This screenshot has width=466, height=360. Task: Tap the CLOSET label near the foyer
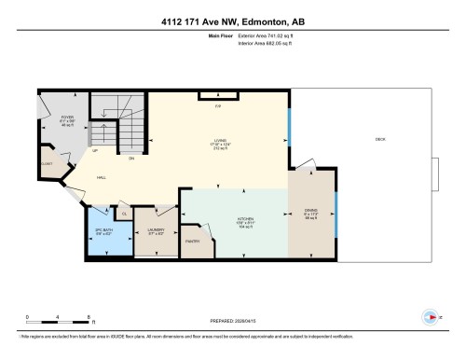pos(46,162)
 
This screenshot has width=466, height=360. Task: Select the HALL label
pos(100,176)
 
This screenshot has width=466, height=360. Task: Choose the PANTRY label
pos(193,242)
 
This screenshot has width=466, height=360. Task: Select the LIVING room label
pos(218,142)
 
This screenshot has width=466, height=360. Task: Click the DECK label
pos(379,138)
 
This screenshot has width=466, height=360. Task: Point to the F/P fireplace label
pos(218,108)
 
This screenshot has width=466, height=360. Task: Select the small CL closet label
pos(124,214)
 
